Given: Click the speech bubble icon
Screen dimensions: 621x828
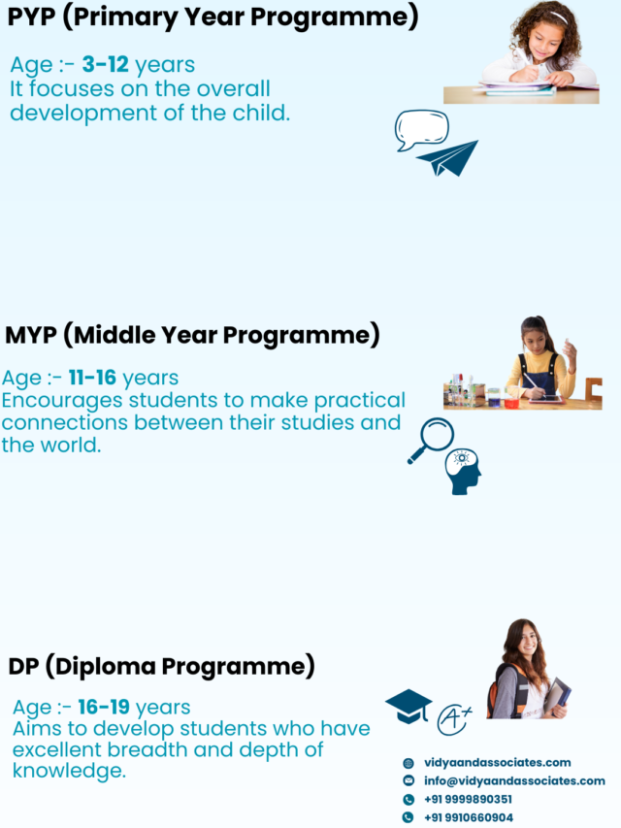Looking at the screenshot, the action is [x=421, y=129].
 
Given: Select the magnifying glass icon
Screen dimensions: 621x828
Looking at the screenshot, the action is [x=431, y=441].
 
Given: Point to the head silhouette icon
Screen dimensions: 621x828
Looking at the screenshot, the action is [x=463, y=472].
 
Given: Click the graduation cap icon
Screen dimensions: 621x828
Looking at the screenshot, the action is [x=409, y=706].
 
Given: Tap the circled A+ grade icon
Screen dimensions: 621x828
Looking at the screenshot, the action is [x=453, y=719].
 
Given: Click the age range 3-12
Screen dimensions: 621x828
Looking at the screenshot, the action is [x=105, y=64].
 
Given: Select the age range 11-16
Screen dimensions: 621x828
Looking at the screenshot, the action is [x=92, y=378].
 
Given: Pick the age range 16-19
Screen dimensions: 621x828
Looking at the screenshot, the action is [x=104, y=707].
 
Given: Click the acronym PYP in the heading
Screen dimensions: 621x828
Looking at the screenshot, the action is [x=32, y=17].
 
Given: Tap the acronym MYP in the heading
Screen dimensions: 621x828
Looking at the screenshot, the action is [x=31, y=335].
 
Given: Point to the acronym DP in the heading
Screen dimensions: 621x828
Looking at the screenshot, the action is [x=23, y=667].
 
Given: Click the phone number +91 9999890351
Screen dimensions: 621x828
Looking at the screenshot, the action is [x=468, y=799].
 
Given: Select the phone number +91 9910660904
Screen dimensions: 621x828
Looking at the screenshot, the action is [x=469, y=817].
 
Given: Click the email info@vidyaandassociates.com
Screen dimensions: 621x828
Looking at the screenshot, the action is [x=514, y=780].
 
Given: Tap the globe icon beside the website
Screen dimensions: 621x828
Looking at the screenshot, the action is [x=409, y=763].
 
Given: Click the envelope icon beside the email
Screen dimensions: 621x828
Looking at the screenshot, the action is [x=409, y=780].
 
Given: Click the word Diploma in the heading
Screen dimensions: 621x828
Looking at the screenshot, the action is [x=106, y=667].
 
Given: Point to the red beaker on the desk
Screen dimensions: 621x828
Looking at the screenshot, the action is [x=510, y=403].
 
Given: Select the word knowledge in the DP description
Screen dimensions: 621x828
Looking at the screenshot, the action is [x=69, y=771].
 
